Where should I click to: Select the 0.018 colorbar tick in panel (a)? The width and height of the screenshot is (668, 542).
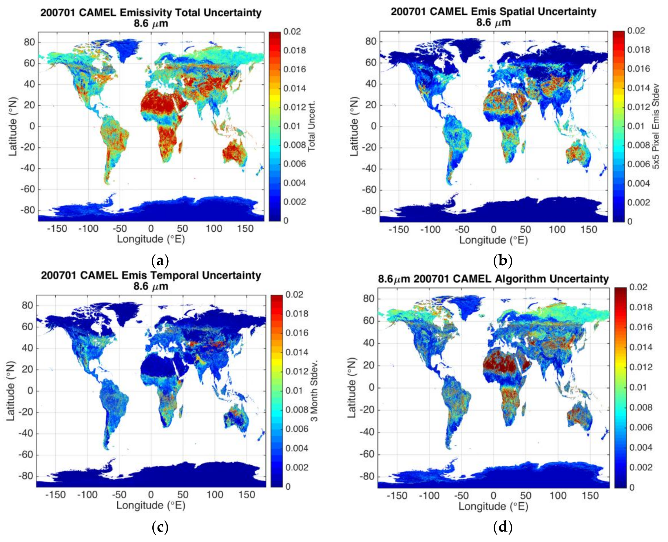pos(294,50)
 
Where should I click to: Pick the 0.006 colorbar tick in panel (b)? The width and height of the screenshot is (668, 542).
pos(638,164)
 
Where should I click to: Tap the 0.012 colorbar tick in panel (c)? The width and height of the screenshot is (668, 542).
pos(296,371)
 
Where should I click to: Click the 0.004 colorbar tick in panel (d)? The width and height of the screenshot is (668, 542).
pos(640,447)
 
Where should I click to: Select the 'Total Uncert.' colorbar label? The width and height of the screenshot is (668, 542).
pos(312,126)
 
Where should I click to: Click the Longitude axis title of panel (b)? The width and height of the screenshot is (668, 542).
pos(493,240)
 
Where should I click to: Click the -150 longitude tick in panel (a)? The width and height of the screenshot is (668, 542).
pos(57,229)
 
